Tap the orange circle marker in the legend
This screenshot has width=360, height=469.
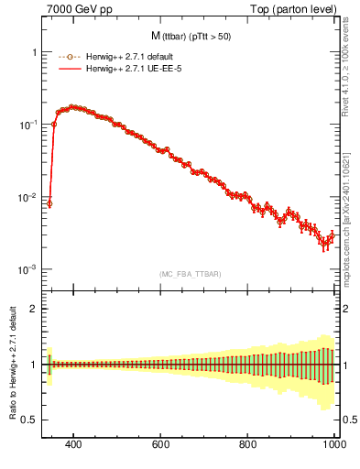(x=70, y=57)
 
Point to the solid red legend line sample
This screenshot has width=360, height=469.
(x=70, y=69)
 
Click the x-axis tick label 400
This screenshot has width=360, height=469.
(x=74, y=444)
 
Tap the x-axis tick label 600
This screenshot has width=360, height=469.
(x=161, y=444)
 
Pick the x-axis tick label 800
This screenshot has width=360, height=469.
(x=248, y=444)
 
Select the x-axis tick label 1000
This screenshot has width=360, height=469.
(x=333, y=444)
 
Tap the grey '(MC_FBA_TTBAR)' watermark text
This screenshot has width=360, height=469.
(x=190, y=274)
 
